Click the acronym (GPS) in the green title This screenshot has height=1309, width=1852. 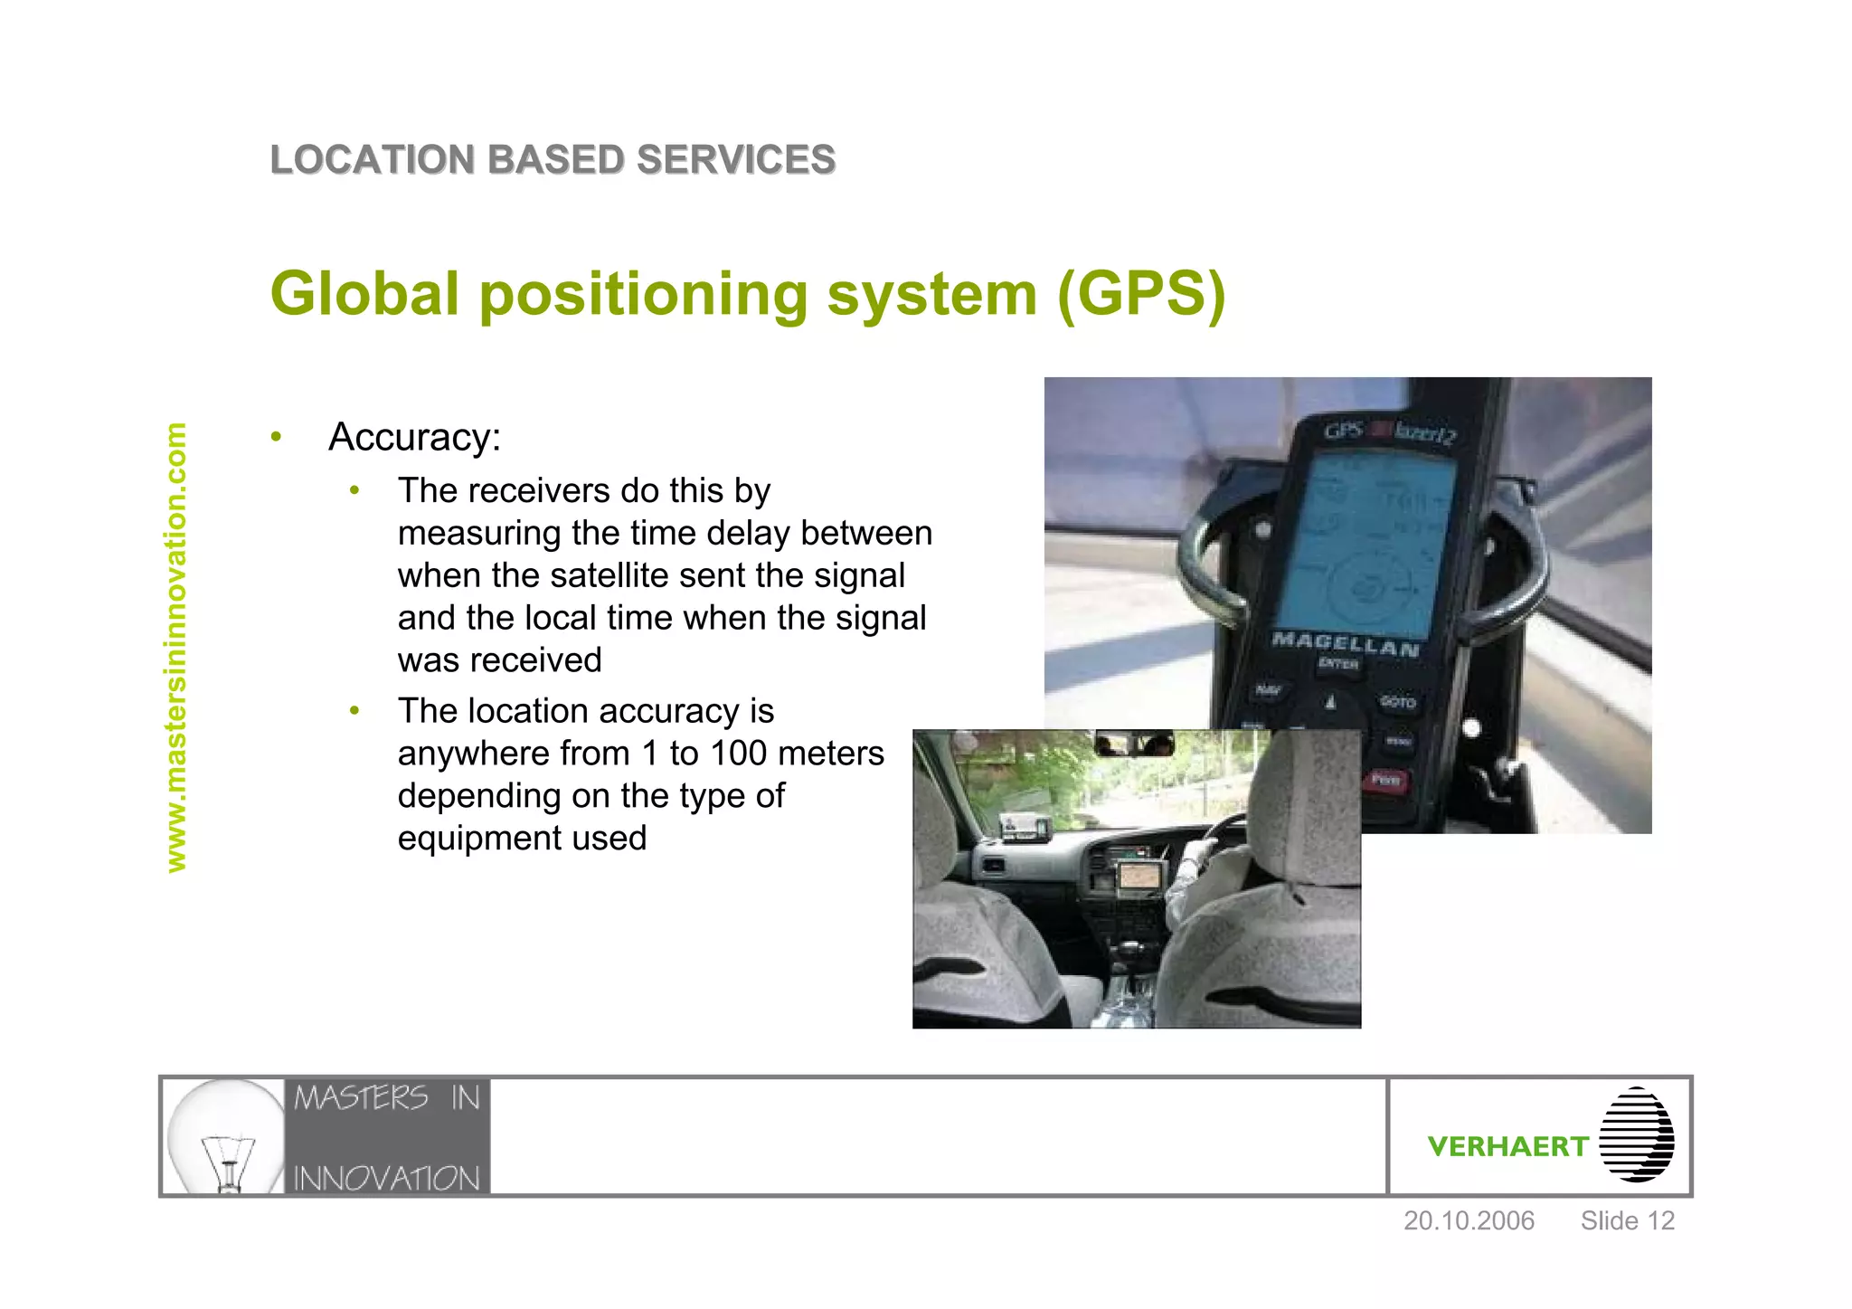click(1141, 294)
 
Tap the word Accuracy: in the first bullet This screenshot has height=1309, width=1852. click(414, 438)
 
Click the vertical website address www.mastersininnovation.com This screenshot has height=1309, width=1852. click(175, 648)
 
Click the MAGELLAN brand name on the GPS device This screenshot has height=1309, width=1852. click(1345, 644)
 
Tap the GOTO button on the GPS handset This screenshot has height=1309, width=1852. click(1398, 702)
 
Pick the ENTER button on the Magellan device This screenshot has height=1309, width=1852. click(1338, 664)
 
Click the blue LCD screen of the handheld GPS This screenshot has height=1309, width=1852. click(1375, 543)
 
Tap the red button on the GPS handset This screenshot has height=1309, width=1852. click(1385, 779)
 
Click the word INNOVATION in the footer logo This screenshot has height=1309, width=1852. click(386, 1179)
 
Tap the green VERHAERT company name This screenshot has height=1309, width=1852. click(1507, 1147)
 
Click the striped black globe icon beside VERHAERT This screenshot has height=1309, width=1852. click(1636, 1135)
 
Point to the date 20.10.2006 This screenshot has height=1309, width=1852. click(1469, 1221)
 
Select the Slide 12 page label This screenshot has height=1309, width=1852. click(1627, 1221)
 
